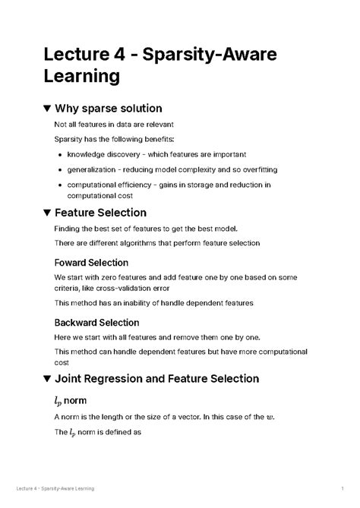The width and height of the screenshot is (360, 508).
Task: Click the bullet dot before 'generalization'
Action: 61,169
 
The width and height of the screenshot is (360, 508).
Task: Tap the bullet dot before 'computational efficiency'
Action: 61,185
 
